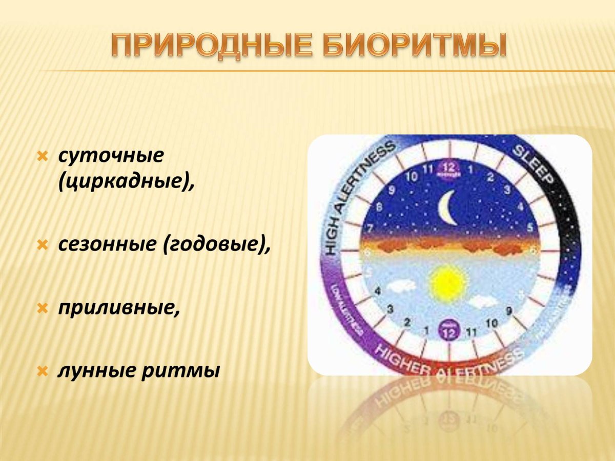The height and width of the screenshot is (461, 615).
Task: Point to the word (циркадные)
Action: point(126,181)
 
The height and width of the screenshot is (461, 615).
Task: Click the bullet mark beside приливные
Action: point(44,308)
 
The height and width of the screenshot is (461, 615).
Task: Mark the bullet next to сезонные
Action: point(44,245)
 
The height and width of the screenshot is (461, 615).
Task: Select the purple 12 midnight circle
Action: point(449,169)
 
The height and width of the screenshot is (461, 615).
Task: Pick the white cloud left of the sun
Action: point(402,286)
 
